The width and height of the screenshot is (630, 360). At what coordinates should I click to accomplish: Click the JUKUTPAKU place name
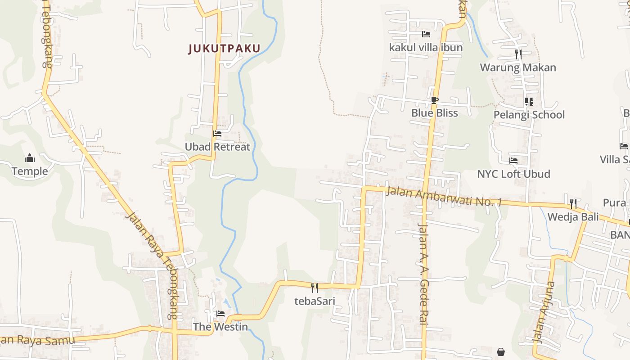pos(224,49)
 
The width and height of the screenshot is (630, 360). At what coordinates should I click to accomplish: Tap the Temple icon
pos(30,158)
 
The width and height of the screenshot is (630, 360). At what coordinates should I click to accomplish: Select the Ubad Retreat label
pos(217,147)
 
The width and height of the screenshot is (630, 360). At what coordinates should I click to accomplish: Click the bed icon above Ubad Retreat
pos(217,134)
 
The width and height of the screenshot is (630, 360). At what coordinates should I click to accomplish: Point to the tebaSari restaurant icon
pos(315,288)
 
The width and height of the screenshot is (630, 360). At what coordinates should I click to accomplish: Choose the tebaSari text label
pos(315,301)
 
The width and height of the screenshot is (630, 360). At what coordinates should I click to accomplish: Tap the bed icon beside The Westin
pos(220,314)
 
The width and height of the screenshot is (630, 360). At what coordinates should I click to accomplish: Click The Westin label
pos(220,327)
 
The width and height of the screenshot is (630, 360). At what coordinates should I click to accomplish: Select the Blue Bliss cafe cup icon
pos(434,100)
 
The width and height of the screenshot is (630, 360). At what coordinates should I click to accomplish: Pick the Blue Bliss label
pos(434,113)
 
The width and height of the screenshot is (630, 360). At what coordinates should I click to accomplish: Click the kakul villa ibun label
pos(426,47)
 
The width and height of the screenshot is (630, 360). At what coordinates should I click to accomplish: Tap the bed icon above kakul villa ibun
pos(426,34)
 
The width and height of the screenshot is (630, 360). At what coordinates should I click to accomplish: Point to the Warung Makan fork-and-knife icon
pos(518,54)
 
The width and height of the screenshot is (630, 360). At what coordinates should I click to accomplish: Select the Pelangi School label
pos(529,115)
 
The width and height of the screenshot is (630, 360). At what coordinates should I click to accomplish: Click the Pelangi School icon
pos(529,102)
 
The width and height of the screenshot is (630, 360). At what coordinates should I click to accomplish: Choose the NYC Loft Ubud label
pos(513,174)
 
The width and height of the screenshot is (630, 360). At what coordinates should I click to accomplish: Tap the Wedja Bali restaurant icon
pos(573,204)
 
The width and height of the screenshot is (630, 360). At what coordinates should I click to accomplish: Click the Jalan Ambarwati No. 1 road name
pos(444,197)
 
